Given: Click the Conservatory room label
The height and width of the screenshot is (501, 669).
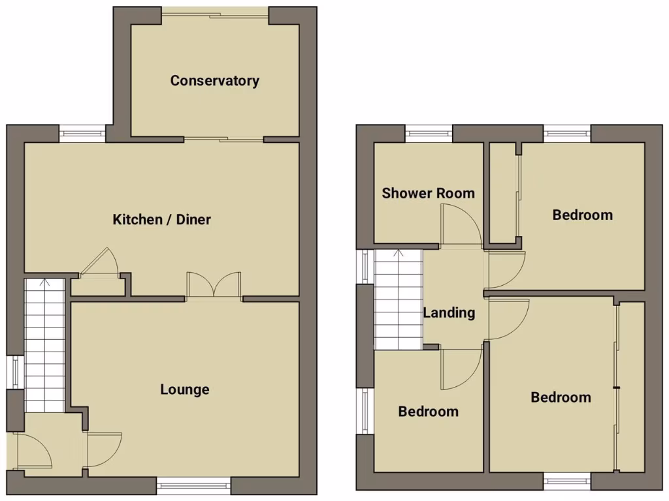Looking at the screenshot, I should [214, 81].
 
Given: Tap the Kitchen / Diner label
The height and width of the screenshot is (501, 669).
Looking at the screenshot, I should [162, 219].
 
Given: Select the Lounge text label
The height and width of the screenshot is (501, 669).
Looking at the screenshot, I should [185, 389].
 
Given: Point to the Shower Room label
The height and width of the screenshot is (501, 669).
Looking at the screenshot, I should [428, 193].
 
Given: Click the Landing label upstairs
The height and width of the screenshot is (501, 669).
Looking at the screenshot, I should [449, 312].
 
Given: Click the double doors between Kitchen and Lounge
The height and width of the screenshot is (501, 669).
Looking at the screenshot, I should [214, 286].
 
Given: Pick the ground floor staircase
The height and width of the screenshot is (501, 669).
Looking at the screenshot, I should [44, 346].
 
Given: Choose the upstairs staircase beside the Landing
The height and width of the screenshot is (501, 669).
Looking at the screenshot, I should [399, 299].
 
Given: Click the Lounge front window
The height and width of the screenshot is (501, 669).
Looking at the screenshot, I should [193, 484].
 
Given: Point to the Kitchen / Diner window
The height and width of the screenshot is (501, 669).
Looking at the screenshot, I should [82, 134].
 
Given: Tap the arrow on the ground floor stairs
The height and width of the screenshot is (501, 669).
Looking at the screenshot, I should [44, 283].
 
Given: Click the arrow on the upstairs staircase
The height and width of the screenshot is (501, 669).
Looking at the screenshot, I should [399, 254].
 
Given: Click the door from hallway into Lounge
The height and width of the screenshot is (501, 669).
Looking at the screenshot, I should [103, 450].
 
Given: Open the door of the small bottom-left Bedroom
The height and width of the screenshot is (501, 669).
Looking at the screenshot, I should [461, 369].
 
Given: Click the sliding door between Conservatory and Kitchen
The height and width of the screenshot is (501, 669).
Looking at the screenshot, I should [223, 138].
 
